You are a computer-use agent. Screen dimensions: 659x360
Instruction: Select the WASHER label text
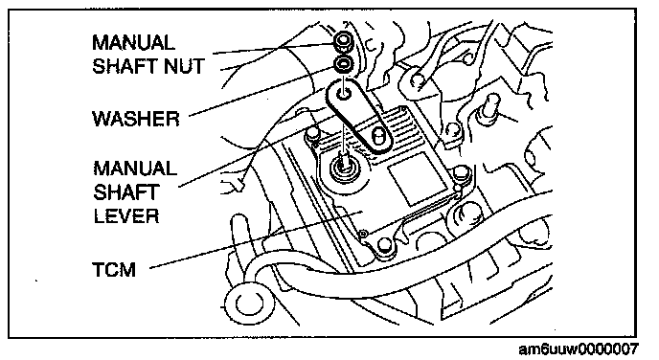pyautogui.click(x=136, y=119)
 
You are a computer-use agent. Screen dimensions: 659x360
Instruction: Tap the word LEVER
pyautogui.click(x=126, y=216)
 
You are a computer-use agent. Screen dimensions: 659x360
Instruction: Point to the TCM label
pyautogui.click(x=114, y=269)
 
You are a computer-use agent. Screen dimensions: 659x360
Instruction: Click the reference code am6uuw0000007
pyautogui.click(x=579, y=349)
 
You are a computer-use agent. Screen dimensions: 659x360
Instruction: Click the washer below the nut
pyautogui.click(x=344, y=64)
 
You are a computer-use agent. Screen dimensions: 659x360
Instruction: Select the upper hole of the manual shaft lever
pyautogui.click(x=344, y=93)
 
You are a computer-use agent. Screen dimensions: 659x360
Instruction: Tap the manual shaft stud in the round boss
pyautogui.click(x=345, y=161)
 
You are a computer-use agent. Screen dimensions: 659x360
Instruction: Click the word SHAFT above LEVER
pyautogui.click(x=125, y=192)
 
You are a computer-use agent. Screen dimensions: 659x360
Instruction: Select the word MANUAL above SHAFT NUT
pyautogui.click(x=133, y=43)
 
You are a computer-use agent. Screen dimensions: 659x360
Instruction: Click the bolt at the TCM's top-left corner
pyautogui.click(x=311, y=134)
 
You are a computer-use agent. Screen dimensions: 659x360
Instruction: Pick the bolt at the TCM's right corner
pyautogui.click(x=461, y=172)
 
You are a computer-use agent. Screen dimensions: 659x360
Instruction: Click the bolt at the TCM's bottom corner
pyautogui.click(x=384, y=245)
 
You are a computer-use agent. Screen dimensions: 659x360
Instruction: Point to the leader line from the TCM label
pyautogui.click(x=256, y=240)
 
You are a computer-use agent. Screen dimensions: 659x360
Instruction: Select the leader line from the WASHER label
pyautogui.click(x=264, y=92)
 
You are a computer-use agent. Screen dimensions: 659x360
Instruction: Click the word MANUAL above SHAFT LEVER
pyautogui.click(x=135, y=169)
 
